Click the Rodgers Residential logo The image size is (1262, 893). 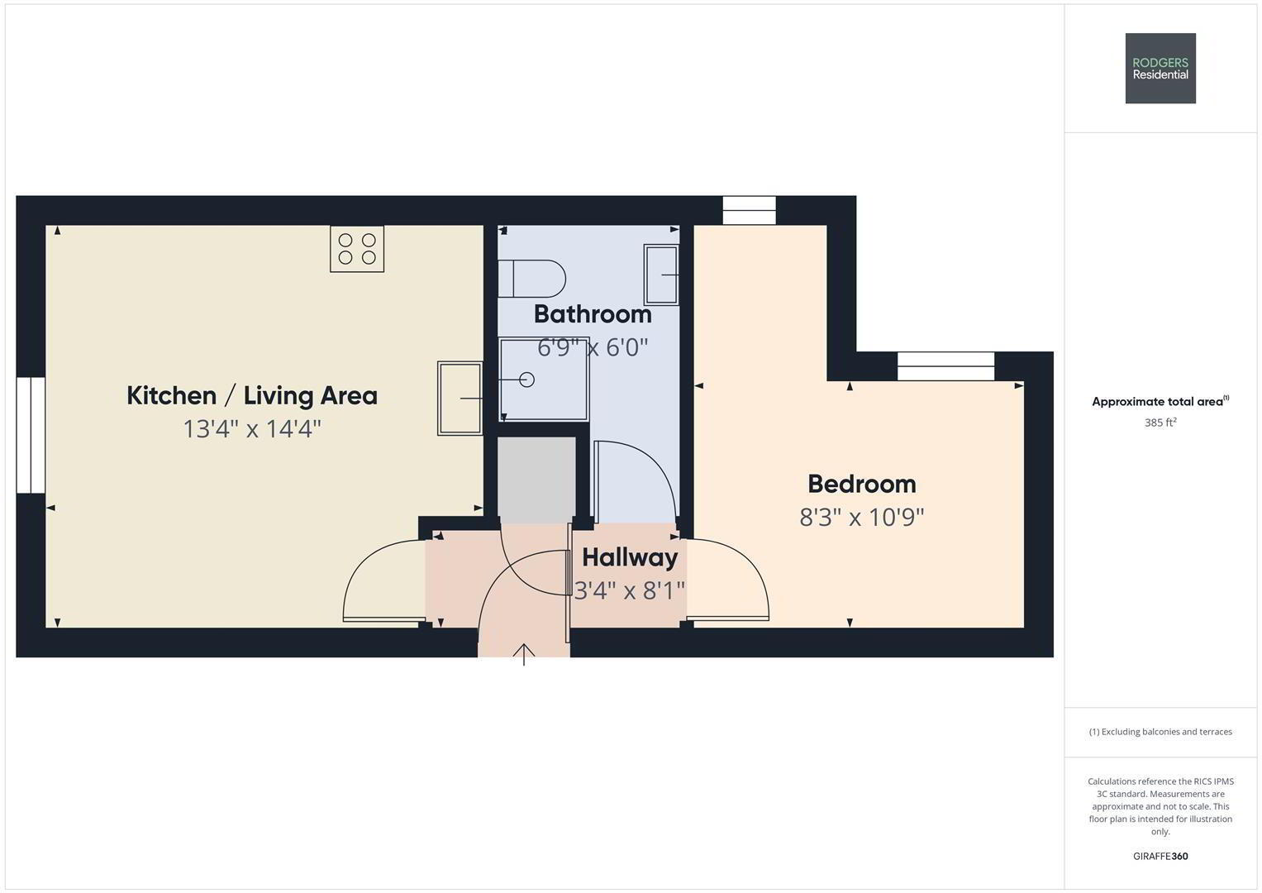(x=1160, y=68)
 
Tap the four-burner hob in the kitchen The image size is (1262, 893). (x=357, y=249)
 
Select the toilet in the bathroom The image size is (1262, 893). (x=532, y=279)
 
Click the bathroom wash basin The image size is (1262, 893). (x=661, y=275)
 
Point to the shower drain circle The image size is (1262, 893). (x=526, y=380)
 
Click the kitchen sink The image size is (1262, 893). (x=460, y=398)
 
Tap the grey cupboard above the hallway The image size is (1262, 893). (x=536, y=480)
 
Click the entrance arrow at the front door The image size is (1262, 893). (x=524, y=655)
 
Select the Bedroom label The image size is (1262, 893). (x=861, y=484)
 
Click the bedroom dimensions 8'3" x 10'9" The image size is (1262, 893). (x=861, y=517)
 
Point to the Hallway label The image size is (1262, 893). (x=629, y=557)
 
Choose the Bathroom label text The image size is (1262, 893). (x=593, y=314)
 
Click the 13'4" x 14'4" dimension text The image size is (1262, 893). (x=252, y=429)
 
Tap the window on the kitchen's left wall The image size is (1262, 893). (x=31, y=435)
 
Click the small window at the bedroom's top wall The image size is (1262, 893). (x=749, y=210)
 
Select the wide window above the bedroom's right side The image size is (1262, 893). (x=946, y=365)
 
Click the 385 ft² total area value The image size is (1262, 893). (x=1160, y=423)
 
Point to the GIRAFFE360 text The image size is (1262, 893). (x=1160, y=856)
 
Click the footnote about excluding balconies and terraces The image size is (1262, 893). (x=1160, y=732)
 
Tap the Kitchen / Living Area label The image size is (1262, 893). (x=252, y=396)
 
